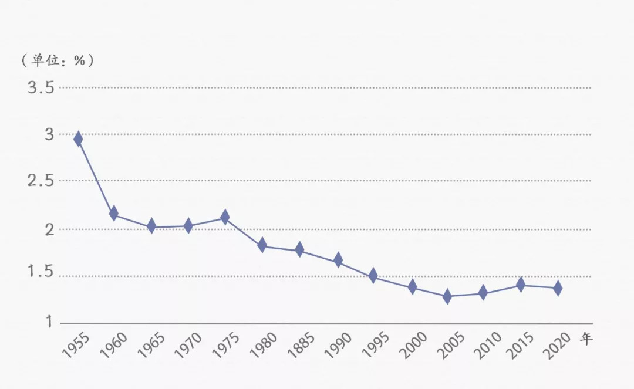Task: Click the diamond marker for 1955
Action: (78, 139)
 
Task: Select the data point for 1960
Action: (114, 213)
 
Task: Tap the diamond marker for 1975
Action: (225, 217)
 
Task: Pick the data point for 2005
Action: (447, 296)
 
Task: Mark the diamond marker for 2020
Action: (557, 288)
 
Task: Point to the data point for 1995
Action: (373, 276)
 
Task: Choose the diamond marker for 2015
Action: (521, 285)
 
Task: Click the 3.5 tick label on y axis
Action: (41, 88)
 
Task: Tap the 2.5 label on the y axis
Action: (41, 181)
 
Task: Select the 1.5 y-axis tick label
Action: (41, 272)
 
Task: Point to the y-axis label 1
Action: (49, 322)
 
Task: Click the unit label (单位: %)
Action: (57, 60)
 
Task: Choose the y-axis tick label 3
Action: (49, 134)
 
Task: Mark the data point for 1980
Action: (262, 245)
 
